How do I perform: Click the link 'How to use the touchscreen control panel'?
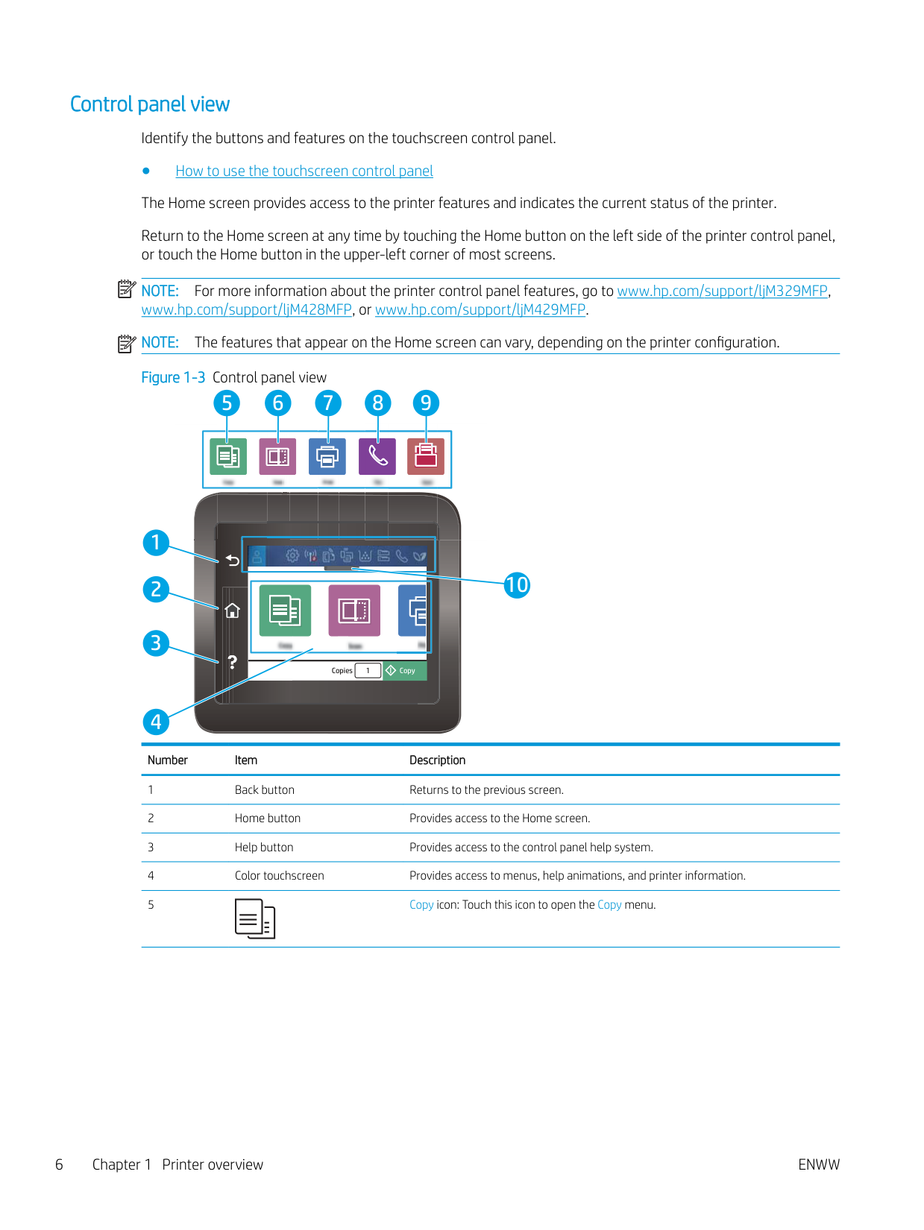[x=304, y=171]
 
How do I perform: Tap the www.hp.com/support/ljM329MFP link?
[x=722, y=291]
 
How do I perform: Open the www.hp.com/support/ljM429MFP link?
[x=480, y=309]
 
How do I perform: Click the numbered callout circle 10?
[x=517, y=585]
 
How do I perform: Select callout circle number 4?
[x=156, y=721]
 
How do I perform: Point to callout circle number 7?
[x=328, y=403]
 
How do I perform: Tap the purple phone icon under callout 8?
[x=377, y=456]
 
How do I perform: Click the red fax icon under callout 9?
[x=426, y=456]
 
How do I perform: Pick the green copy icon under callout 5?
[x=228, y=456]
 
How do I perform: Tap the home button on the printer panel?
[x=233, y=611]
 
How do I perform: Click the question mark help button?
[x=233, y=662]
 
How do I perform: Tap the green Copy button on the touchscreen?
[x=404, y=670]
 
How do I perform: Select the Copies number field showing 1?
[x=368, y=670]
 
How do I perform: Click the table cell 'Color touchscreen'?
[x=280, y=876]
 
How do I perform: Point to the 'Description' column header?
[x=437, y=760]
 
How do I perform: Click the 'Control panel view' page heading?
[x=150, y=104]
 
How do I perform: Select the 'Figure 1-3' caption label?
[x=173, y=377]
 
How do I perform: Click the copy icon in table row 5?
[x=255, y=918]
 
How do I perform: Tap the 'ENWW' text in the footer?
[x=818, y=1164]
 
